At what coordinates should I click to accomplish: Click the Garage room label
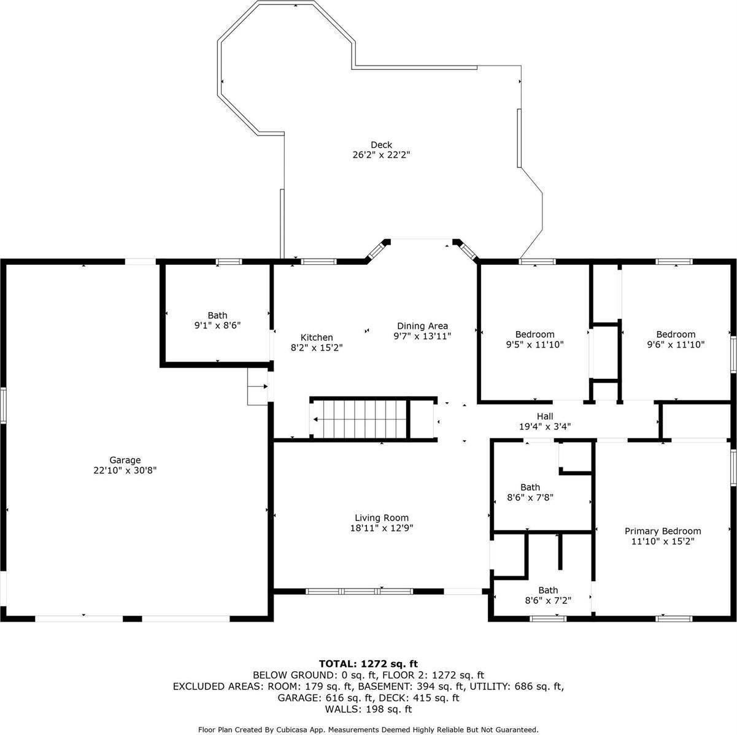coord(125,460)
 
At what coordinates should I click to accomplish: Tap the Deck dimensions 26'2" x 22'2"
coord(381,155)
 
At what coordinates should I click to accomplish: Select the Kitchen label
coord(317,338)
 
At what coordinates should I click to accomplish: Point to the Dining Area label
coord(422,326)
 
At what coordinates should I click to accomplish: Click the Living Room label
coord(382,518)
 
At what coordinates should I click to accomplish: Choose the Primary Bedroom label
coord(663,531)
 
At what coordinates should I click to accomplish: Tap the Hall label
coord(545,416)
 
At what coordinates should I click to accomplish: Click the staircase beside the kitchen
coord(360,419)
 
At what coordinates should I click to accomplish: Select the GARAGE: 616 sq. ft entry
coord(325,698)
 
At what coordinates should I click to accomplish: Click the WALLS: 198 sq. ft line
coord(368,709)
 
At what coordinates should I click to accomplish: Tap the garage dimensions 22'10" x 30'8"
coord(125,470)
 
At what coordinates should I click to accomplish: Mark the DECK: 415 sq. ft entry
coord(419,698)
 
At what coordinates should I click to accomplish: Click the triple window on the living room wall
coord(360,592)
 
